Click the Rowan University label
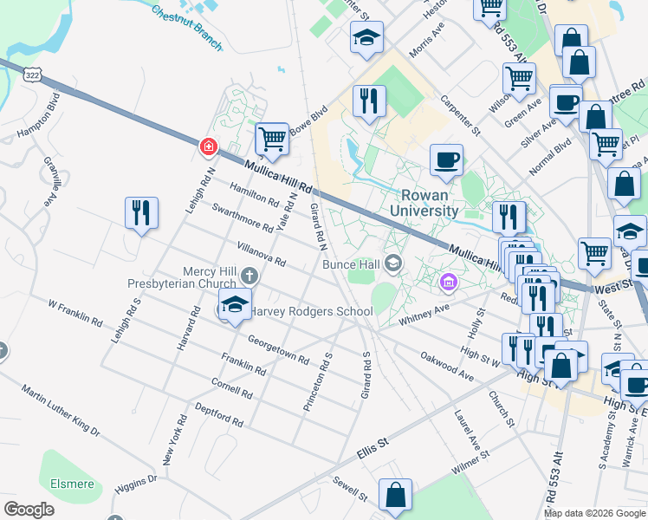[x=430, y=203]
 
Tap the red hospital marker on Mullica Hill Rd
[x=208, y=147]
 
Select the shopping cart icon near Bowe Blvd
[x=272, y=139]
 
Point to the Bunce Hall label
[x=353, y=263]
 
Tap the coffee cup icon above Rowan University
[x=446, y=159]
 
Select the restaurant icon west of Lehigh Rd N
[x=141, y=213]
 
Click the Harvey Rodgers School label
[x=300, y=312]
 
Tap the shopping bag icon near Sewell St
[x=395, y=497]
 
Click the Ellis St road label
[x=373, y=448]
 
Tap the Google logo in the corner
[x=29, y=510]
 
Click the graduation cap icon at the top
[x=366, y=38]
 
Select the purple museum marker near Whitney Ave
[x=448, y=282]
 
